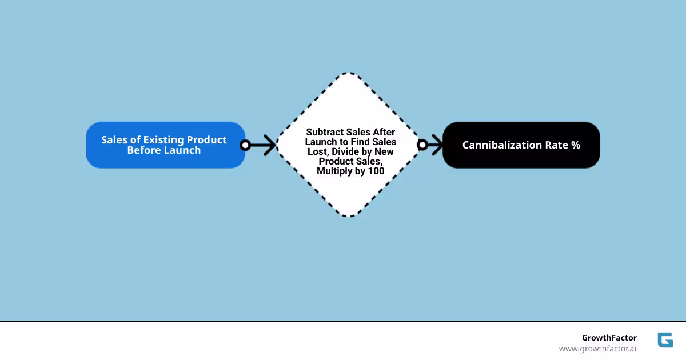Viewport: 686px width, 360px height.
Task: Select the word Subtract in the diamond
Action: [x=325, y=132]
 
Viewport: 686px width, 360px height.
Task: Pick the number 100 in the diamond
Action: [x=376, y=171]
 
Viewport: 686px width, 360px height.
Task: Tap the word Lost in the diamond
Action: [x=319, y=151]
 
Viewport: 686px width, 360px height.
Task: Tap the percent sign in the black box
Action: [x=575, y=145]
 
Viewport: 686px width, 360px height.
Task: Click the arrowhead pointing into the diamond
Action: [x=271, y=145]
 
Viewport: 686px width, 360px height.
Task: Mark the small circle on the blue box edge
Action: [x=245, y=145]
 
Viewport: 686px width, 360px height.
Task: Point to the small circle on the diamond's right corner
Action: [x=422, y=145]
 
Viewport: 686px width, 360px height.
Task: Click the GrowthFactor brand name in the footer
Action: [x=609, y=338]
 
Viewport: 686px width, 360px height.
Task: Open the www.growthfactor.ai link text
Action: [x=597, y=349]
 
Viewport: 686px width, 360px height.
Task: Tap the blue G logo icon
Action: [x=665, y=340]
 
